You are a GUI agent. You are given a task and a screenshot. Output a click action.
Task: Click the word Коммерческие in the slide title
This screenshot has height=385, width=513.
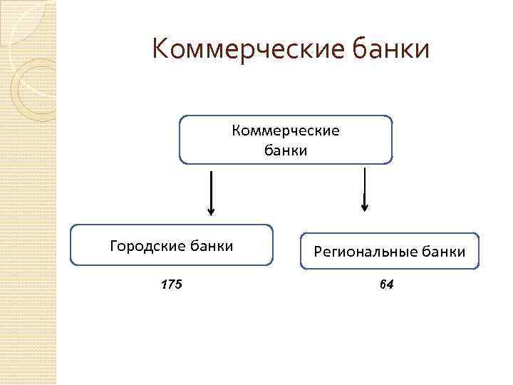click(x=242, y=50)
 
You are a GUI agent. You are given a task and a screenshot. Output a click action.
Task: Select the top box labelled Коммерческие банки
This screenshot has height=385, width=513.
click(x=285, y=140)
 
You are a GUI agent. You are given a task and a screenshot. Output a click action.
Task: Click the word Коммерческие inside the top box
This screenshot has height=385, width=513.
click(x=286, y=131)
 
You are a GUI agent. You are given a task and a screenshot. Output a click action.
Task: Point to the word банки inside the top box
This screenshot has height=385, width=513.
click(x=286, y=150)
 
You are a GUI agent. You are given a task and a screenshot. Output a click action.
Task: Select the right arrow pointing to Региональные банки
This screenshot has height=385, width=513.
click(x=365, y=189)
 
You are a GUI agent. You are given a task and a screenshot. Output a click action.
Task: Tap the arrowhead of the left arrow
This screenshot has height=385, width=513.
click(x=210, y=211)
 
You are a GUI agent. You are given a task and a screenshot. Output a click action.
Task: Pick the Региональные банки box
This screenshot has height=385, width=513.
click(x=390, y=251)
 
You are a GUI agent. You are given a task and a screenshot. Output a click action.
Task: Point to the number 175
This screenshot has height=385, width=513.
click(x=171, y=284)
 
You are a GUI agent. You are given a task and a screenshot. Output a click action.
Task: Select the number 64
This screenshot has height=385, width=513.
click(x=387, y=284)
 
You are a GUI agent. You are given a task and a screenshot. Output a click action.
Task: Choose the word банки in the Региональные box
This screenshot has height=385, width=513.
click(x=442, y=252)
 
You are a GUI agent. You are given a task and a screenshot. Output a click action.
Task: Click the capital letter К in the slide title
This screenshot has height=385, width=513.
click(x=161, y=50)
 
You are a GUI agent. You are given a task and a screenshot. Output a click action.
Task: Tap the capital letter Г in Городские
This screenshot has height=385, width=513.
click(x=114, y=247)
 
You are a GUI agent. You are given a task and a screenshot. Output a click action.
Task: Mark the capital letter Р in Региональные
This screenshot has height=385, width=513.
click(x=317, y=252)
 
